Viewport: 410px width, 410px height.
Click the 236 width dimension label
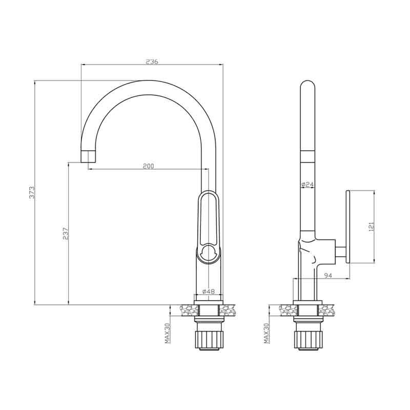pyautogui.click(x=152, y=61)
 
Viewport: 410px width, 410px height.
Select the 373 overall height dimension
pyautogui.click(x=32, y=193)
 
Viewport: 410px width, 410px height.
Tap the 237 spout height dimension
pyautogui.click(x=66, y=234)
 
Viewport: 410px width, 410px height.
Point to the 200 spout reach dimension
pyautogui.click(x=149, y=166)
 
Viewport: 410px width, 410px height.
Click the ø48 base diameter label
pyautogui.click(x=209, y=291)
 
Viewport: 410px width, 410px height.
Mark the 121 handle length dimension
pyautogui.click(x=371, y=227)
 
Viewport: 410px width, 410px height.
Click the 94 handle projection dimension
pyautogui.click(x=327, y=275)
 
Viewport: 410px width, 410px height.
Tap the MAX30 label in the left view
pyautogui.click(x=168, y=333)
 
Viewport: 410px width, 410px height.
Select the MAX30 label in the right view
pyautogui.click(x=266, y=333)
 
